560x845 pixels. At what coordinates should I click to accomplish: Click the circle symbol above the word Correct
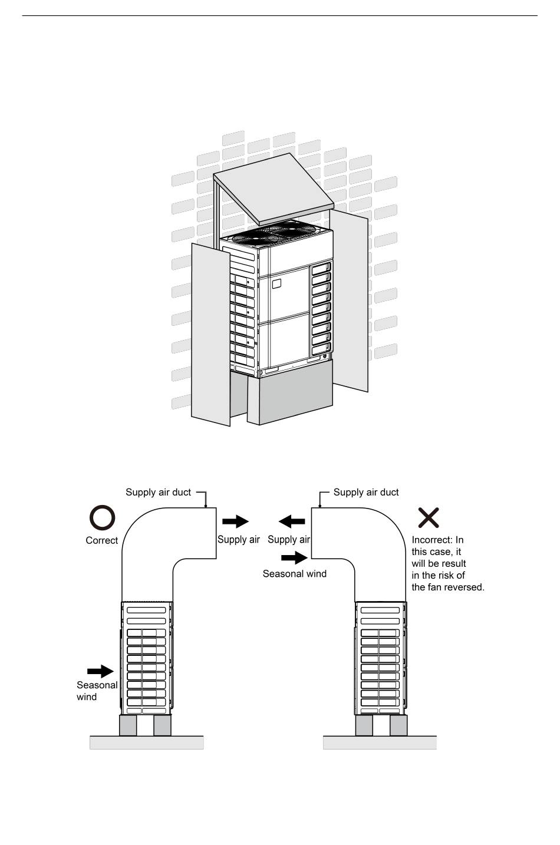(x=102, y=518)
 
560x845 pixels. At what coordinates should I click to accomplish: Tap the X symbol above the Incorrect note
(x=429, y=517)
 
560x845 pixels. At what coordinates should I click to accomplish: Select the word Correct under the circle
(x=102, y=540)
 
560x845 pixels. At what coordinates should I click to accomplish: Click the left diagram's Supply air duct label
(x=158, y=492)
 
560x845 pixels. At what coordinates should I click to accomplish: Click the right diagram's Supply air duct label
(x=366, y=492)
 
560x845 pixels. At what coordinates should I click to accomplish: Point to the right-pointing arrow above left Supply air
(x=235, y=521)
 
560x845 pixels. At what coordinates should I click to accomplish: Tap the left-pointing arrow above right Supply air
(x=292, y=521)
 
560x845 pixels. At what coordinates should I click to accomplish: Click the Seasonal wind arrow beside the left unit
(x=100, y=671)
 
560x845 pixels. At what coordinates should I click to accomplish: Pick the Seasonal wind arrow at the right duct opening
(x=295, y=557)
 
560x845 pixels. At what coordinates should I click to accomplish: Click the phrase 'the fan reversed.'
(x=447, y=587)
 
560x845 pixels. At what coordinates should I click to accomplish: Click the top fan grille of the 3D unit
(x=277, y=232)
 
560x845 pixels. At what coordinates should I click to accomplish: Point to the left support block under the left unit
(x=128, y=725)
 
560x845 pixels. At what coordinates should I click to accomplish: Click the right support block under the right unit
(x=398, y=725)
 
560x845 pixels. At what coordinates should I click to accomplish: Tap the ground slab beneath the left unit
(x=146, y=742)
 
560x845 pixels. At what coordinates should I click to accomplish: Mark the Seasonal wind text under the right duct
(x=294, y=573)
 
